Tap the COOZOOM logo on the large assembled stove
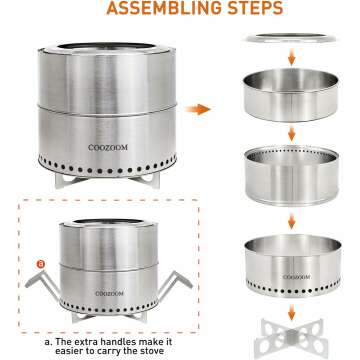(x=108, y=147)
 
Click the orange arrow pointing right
(x=198, y=109)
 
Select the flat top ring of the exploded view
(x=291, y=38)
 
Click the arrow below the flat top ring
(x=292, y=57)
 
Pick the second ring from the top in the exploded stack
(x=291, y=95)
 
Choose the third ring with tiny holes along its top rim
(x=292, y=176)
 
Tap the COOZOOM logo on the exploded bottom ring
(x=296, y=277)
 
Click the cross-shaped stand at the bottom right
(x=291, y=338)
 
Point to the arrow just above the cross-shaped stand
(x=292, y=312)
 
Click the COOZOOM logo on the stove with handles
(x=109, y=294)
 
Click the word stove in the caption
(x=150, y=351)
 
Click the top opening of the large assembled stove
(x=106, y=46)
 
